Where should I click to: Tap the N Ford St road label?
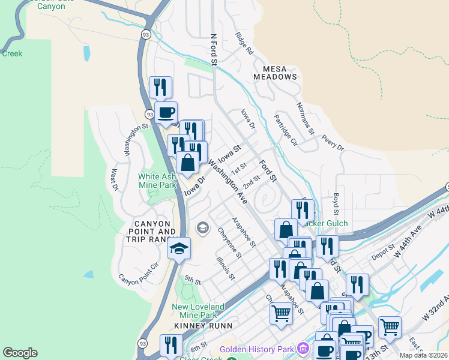tap(213, 49)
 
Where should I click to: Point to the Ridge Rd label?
tap(244, 44)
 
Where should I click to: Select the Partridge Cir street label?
tap(286, 130)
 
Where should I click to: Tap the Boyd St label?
tap(336, 204)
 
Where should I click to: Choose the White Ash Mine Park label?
tap(157, 181)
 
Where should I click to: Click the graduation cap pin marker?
tap(179, 248)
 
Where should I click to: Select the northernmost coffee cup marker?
tap(166, 112)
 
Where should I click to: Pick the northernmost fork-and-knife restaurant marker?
tap(160, 87)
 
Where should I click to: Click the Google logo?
tap(20, 353)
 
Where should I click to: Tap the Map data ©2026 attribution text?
tap(424, 355)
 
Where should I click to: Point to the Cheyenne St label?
tap(229, 243)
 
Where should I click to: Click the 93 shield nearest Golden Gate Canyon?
tap(146, 35)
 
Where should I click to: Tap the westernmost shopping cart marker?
tap(281, 313)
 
